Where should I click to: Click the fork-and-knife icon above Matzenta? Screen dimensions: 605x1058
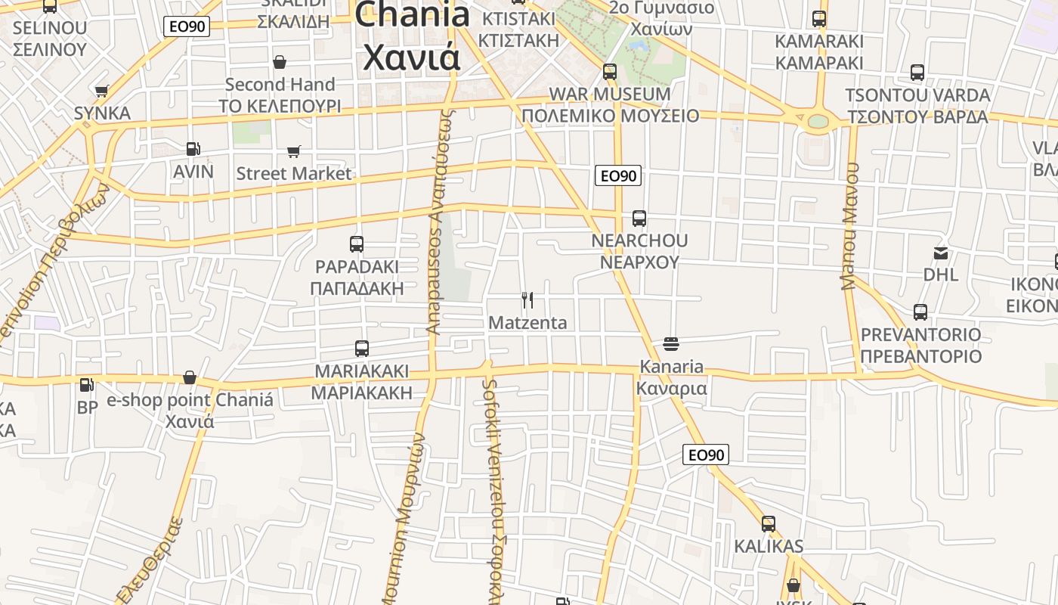527,300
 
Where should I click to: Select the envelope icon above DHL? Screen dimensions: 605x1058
941,253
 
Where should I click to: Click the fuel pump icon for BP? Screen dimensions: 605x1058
87,385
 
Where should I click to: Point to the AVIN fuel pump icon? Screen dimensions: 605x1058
193,150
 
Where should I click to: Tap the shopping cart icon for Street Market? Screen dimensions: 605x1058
294,152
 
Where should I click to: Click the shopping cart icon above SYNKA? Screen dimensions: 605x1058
102,92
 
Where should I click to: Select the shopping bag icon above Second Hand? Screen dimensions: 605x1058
280,62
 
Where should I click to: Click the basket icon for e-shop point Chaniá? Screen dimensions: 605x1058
190,377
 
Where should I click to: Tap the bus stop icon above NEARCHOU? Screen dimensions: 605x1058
639,219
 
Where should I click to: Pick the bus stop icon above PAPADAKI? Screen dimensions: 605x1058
357,244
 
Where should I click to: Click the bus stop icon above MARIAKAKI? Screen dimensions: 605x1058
362,349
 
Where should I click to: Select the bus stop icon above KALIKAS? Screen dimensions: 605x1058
769,523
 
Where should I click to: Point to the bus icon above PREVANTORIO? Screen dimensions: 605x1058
920,312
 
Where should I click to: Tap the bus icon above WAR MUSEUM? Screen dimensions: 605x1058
610,73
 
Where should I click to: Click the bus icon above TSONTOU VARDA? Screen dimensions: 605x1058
917,73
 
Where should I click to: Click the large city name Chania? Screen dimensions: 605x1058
412,15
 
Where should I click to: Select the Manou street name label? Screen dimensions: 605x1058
850,226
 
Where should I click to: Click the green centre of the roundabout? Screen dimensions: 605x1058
818,121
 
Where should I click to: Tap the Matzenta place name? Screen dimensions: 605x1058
527,323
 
